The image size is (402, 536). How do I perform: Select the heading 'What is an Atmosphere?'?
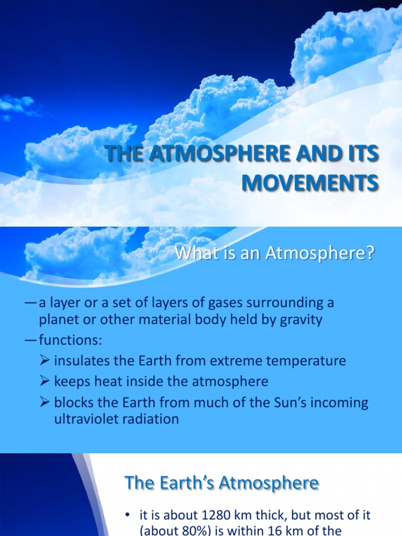275,255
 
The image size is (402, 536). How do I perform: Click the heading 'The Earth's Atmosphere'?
221,483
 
